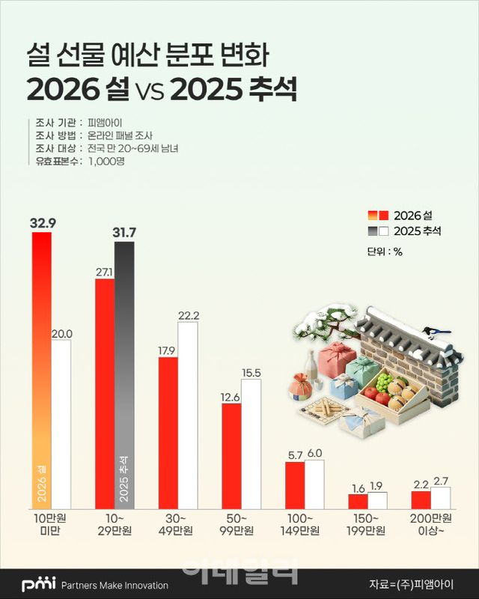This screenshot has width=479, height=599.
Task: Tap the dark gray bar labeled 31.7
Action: (x=124, y=374)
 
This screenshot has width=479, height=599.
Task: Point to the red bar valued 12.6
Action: (x=231, y=456)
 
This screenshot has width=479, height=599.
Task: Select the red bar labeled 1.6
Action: (x=359, y=502)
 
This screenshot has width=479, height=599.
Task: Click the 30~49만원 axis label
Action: (x=177, y=523)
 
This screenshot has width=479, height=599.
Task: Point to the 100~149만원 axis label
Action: (x=305, y=523)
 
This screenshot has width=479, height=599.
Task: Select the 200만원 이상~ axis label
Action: (x=432, y=523)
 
